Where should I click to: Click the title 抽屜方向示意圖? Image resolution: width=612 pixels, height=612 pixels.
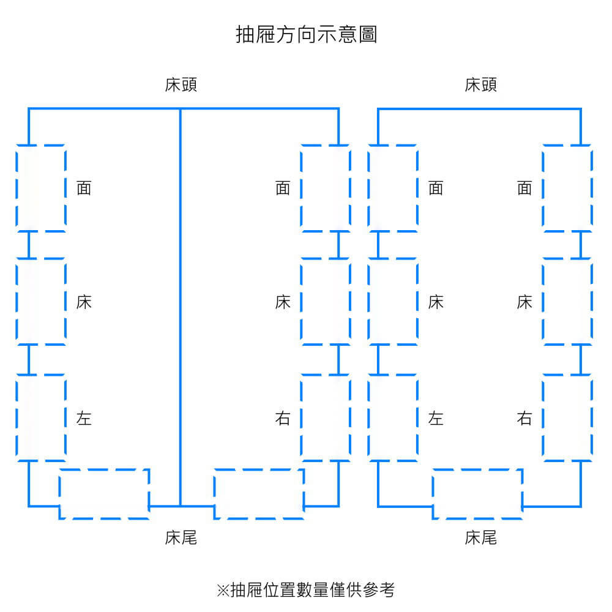306,34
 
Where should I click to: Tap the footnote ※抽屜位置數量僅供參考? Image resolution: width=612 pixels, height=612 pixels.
306,589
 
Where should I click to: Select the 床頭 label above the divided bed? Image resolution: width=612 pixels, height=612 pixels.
181,84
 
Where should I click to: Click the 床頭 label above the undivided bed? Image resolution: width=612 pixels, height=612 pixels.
480,84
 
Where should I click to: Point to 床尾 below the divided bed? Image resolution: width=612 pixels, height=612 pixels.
181,538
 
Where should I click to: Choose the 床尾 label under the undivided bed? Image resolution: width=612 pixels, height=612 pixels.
480,538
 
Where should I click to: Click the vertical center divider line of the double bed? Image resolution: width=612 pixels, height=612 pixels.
181,306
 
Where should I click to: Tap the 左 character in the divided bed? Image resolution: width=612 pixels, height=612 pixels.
84,419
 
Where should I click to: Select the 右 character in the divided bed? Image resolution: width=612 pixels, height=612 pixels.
283,419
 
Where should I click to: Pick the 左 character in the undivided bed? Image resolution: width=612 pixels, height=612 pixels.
436,419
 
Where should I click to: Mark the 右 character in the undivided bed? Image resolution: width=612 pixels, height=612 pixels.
524,419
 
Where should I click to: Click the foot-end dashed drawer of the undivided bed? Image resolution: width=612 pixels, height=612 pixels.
477,494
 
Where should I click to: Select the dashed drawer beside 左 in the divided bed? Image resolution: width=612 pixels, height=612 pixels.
41,417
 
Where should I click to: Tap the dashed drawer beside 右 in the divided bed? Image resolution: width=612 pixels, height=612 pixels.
326,417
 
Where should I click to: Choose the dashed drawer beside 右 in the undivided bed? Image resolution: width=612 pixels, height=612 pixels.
567,417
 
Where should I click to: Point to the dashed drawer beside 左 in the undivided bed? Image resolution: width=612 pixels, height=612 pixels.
393,417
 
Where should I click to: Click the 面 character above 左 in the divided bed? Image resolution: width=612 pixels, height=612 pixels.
84,188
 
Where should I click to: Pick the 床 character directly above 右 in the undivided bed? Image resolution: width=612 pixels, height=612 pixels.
524,302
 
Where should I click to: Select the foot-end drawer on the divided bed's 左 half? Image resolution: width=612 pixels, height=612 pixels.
104,494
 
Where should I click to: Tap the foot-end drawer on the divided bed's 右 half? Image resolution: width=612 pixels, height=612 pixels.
259,494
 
